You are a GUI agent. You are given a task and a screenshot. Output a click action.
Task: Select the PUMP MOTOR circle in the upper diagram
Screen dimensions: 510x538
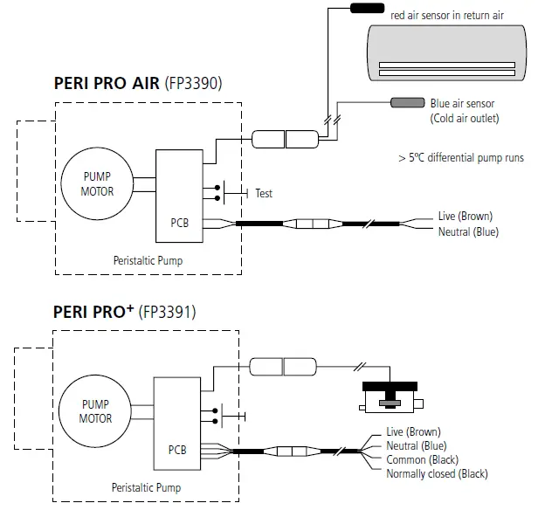click(x=93, y=185)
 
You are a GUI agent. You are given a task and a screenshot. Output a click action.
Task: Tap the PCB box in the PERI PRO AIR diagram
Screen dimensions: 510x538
click(x=178, y=194)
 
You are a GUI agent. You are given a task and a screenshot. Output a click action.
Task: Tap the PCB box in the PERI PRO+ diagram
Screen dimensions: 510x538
click(x=177, y=423)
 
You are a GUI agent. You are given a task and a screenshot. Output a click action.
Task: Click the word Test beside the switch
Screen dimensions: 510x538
click(x=264, y=193)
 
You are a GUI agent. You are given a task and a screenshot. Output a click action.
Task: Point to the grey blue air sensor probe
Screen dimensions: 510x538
click(x=406, y=104)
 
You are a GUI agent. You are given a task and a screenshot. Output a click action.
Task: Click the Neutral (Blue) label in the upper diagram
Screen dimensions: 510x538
click(x=468, y=231)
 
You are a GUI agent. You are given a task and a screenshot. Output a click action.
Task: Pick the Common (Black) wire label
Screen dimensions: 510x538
click(x=421, y=460)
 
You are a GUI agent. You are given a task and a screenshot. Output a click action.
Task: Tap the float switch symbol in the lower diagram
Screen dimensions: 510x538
click(x=390, y=394)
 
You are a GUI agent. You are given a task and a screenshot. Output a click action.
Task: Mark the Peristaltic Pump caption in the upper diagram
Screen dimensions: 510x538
click(x=148, y=259)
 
